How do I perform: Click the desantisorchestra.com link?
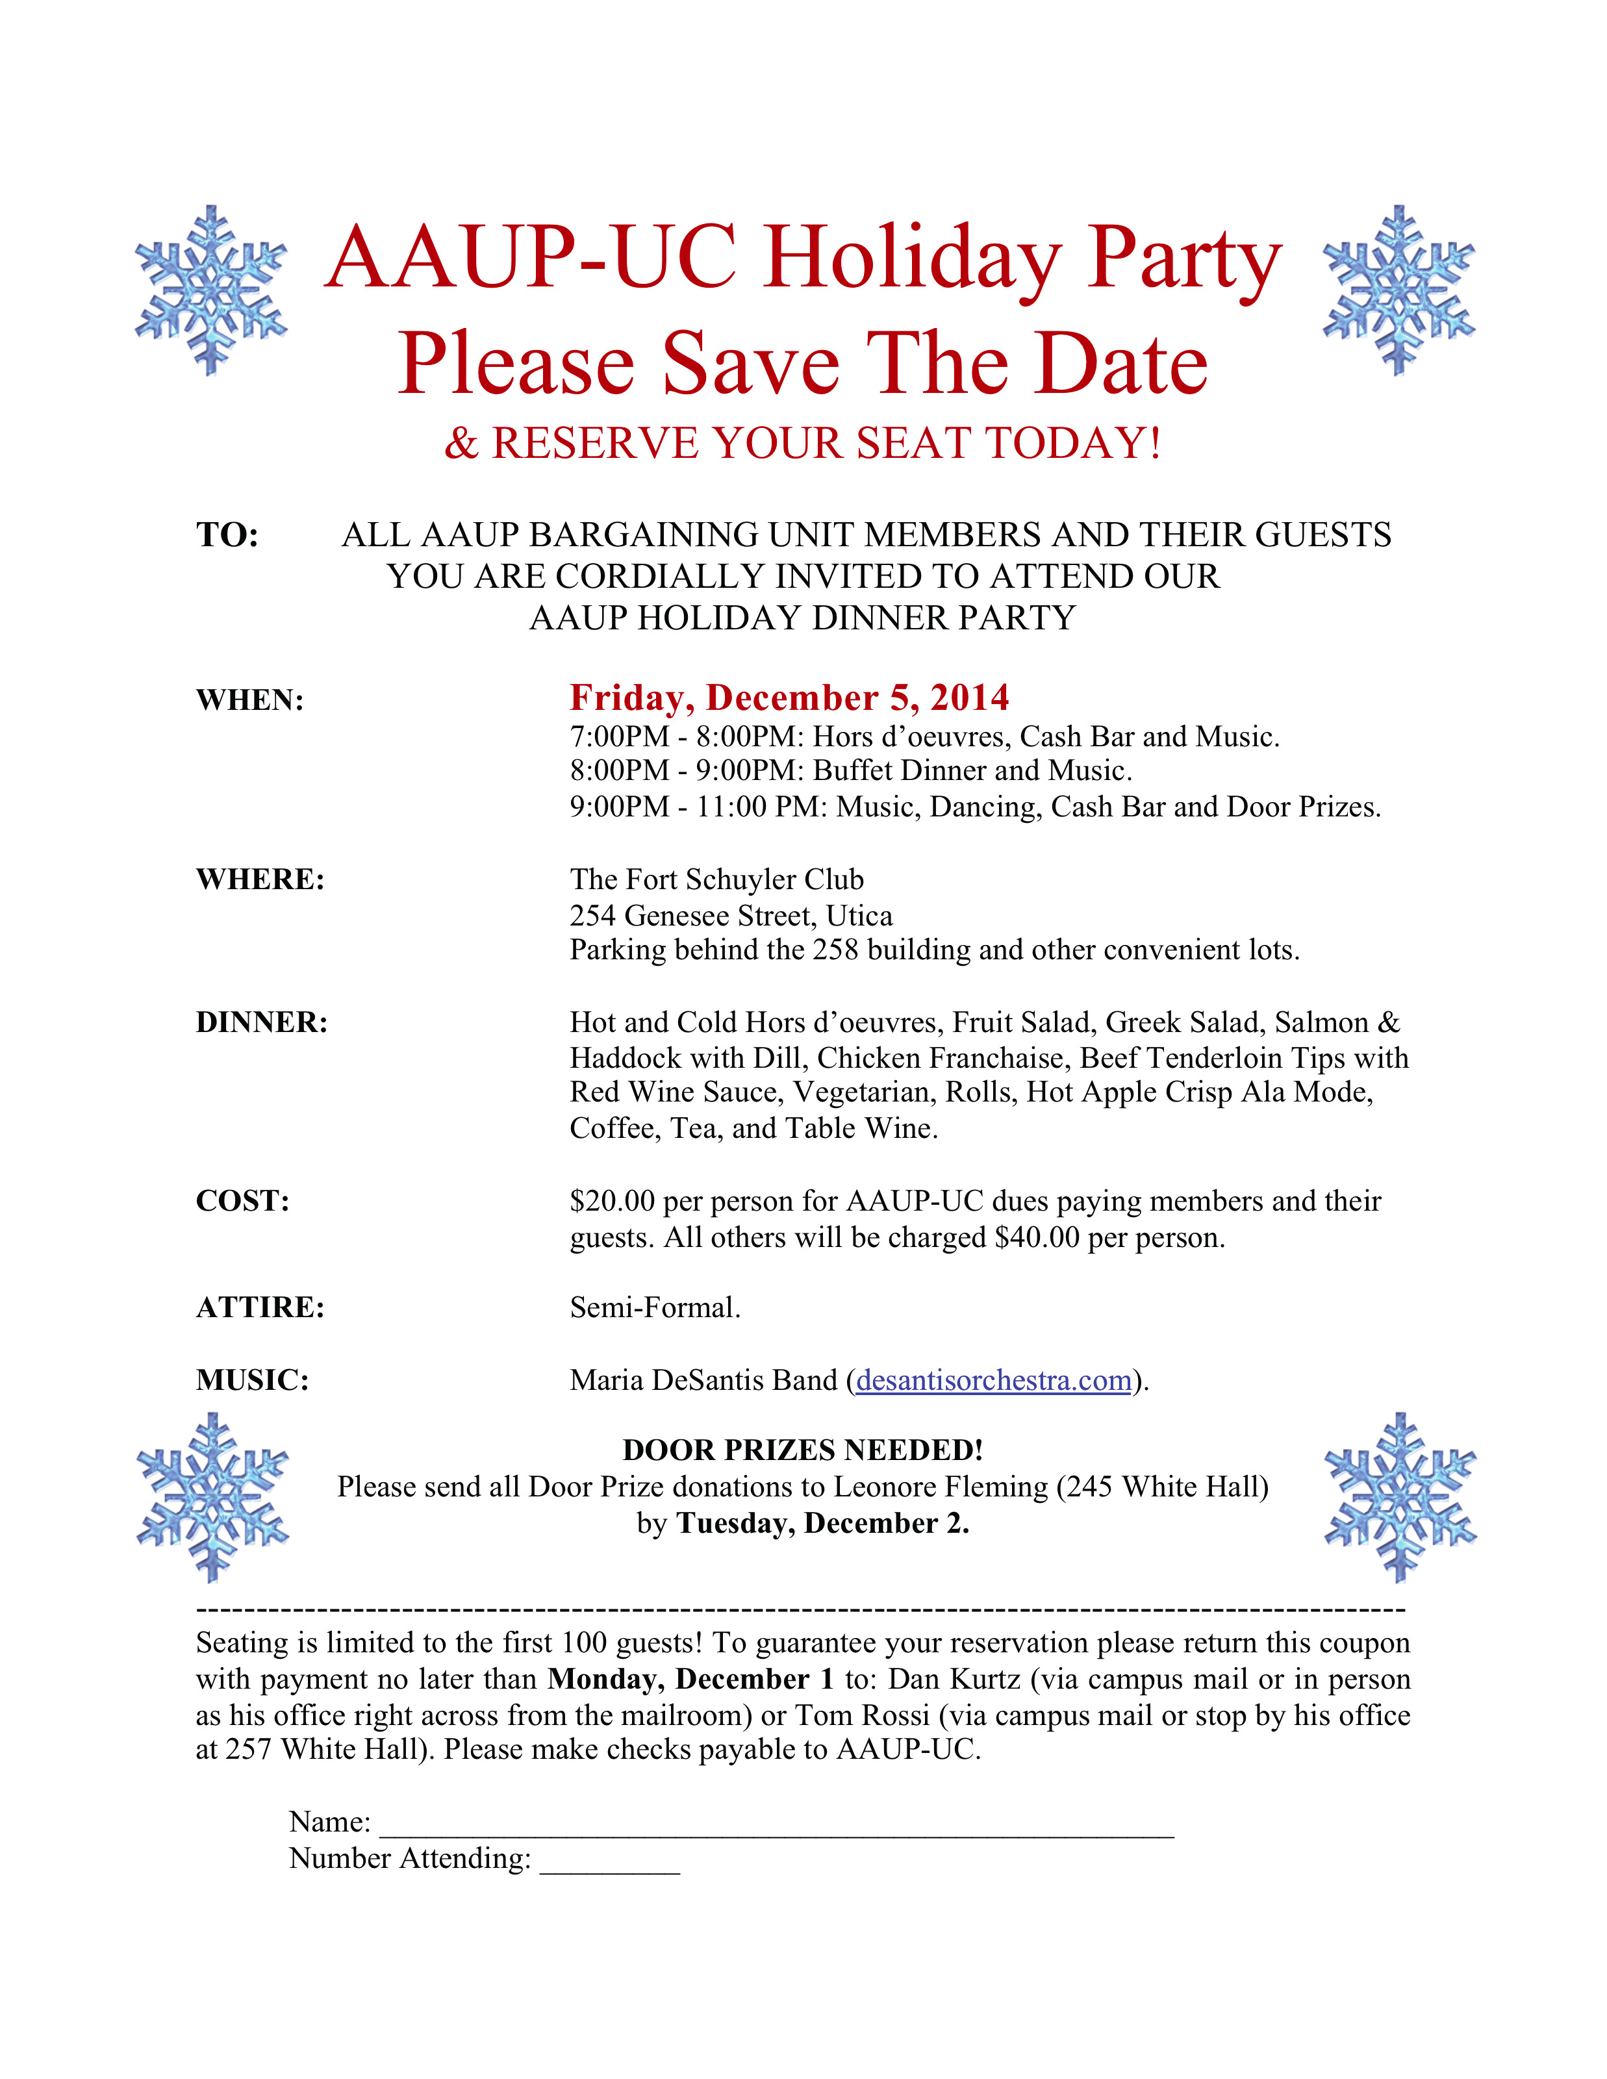point(993,1380)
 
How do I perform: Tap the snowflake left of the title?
point(210,290)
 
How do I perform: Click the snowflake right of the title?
point(1398,290)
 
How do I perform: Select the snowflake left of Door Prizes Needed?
point(212,1497)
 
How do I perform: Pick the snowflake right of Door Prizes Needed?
point(1399,1497)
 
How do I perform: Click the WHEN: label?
point(249,701)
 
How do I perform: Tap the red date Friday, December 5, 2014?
point(789,698)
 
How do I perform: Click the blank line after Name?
point(776,1824)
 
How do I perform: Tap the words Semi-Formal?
point(654,1308)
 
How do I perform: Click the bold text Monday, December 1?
point(690,1679)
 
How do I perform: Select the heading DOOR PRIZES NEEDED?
point(803,1450)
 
